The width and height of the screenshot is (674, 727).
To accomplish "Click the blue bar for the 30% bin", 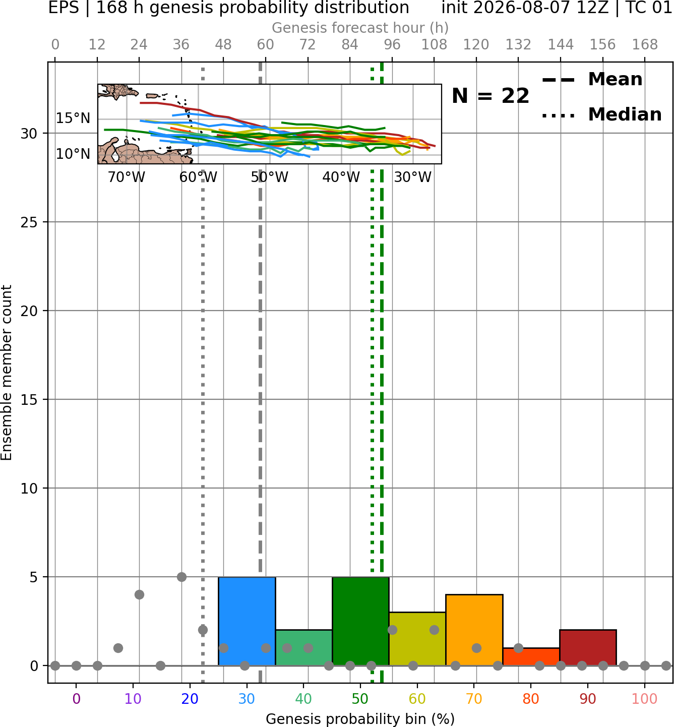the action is pyautogui.click(x=247, y=621).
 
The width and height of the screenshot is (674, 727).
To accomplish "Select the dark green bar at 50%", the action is pyautogui.click(x=360, y=621).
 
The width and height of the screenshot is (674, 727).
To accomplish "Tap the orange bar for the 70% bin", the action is pyautogui.click(x=474, y=630).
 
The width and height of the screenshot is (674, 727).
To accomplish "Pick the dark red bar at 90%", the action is pyautogui.click(x=588, y=648).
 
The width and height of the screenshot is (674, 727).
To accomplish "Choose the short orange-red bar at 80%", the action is pyautogui.click(x=531, y=657).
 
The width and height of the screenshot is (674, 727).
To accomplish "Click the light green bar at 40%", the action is pyautogui.click(x=303, y=648).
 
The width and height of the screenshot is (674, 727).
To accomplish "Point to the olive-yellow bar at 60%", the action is pyautogui.click(x=417, y=639).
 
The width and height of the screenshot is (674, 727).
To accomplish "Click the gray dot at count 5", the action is pyautogui.click(x=181, y=577).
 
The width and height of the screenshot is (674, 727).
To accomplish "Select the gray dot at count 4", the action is pyautogui.click(x=139, y=595).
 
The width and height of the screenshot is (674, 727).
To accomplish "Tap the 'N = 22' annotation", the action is pyautogui.click(x=490, y=96).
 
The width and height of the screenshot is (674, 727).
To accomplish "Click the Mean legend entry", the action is pyautogui.click(x=592, y=79).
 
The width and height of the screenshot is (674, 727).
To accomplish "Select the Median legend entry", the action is pyautogui.click(x=602, y=114).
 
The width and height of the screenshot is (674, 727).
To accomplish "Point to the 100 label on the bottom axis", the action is pyautogui.click(x=644, y=699).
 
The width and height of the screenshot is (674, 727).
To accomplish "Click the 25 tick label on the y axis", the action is pyautogui.click(x=29, y=222).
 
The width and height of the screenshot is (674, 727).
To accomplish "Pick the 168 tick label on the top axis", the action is pyautogui.click(x=645, y=45).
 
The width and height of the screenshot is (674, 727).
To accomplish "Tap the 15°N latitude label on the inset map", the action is pyautogui.click(x=73, y=118).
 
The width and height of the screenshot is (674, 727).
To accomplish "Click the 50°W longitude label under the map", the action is pyautogui.click(x=270, y=177).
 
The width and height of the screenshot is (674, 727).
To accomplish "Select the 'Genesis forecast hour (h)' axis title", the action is pyautogui.click(x=360, y=28).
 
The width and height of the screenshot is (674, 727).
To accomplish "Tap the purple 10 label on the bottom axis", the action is pyautogui.click(x=133, y=699).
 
